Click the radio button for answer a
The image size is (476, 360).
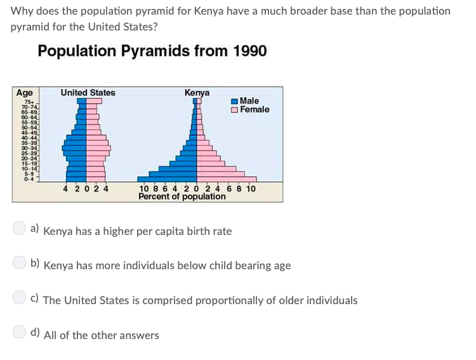point(20,229)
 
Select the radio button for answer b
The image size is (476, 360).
point(20,263)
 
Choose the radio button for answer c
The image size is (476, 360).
point(20,298)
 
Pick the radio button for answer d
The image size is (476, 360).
point(20,332)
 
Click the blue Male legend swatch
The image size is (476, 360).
point(235,101)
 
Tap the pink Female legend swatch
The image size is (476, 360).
point(235,110)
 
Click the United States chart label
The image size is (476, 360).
point(88,93)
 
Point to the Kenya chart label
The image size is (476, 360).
point(197,93)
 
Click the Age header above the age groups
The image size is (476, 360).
point(25,93)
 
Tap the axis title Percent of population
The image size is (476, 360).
point(182,197)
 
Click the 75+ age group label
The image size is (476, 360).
point(29,102)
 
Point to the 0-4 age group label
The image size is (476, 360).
point(29,178)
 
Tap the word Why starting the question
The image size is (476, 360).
point(22,11)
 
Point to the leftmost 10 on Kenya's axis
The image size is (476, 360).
point(143,189)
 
